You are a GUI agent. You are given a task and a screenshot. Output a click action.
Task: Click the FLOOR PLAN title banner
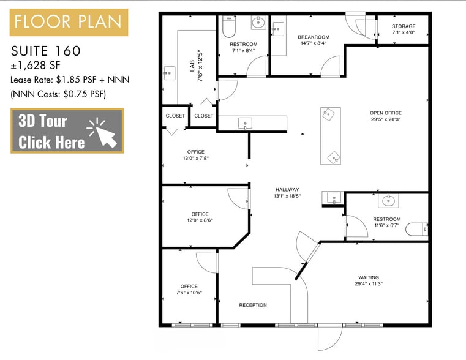coord(69,23)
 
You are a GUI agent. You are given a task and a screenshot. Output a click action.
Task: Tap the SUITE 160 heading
coord(46,50)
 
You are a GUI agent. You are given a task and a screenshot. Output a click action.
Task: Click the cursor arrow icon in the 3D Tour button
coord(102,131)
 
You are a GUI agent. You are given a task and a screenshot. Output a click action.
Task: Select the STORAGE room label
coord(404,26)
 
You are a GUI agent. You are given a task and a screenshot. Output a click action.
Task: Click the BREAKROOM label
coord(314,37)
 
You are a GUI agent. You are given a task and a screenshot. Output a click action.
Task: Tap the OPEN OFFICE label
coord(386,113)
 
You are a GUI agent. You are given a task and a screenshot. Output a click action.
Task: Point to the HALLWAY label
coord(287,190)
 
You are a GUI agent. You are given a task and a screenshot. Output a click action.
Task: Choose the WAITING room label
coord(369,277)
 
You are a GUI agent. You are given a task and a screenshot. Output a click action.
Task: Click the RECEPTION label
coord(253,305)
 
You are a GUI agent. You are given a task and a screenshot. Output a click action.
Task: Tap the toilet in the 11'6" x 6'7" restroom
coord(418,230)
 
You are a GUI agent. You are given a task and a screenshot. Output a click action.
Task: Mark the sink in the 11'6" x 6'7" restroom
coord(388,200)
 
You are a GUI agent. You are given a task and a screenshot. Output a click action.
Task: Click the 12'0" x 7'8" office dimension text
coord(196,159)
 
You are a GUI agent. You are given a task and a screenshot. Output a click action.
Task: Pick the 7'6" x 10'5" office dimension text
coord(189,293)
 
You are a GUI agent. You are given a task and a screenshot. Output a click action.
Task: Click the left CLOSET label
coord(175,116)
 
